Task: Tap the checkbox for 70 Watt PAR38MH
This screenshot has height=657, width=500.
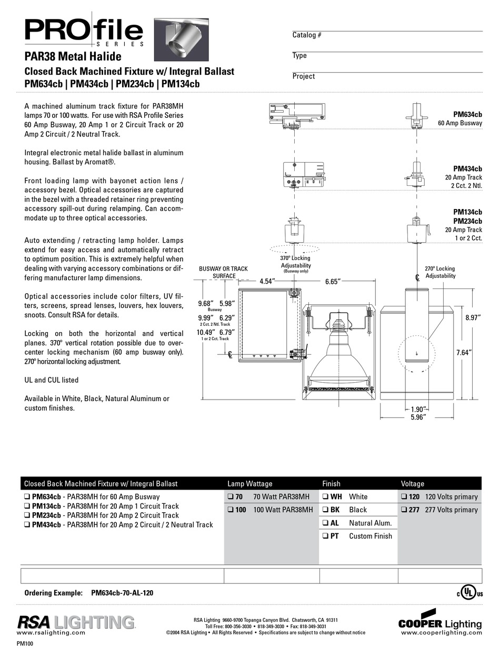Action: [231, 496]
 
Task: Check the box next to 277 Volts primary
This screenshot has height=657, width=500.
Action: [403, 510]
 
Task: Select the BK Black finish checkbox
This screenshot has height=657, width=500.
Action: [325, 510]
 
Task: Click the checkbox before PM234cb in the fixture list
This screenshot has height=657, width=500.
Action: [27, 515]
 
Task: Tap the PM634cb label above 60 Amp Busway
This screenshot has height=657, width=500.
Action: [467, 114]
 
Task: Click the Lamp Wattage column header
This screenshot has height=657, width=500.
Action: [250, 483]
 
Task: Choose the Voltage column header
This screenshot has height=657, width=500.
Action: [412, 483]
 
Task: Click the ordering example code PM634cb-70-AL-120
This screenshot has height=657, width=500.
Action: [122, 593]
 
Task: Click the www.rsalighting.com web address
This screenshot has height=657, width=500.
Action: [52, 633]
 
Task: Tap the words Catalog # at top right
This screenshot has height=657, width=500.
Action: [307, 35]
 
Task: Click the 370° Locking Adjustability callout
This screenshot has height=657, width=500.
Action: [295, 262]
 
